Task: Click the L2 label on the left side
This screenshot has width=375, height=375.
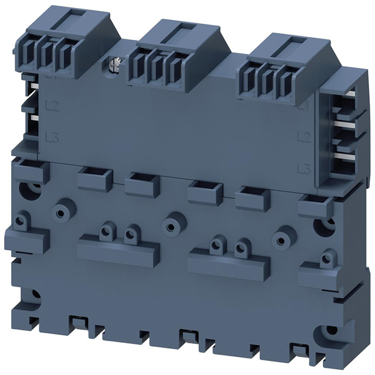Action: click(52, 106)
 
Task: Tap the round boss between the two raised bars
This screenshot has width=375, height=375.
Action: click(171, 226)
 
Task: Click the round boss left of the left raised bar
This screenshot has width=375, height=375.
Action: click(60, 211)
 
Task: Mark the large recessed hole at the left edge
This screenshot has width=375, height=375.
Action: click(26, 189)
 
